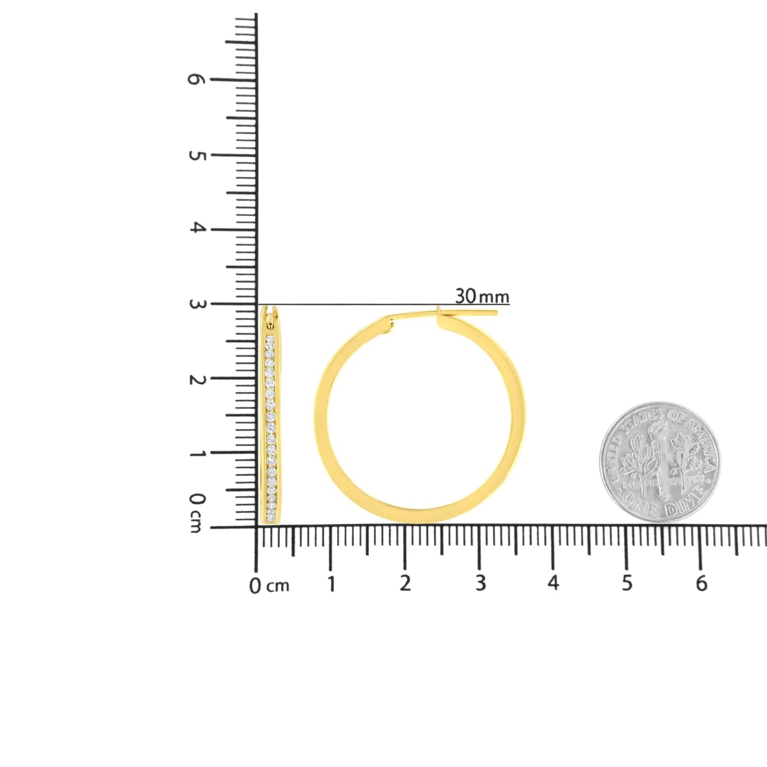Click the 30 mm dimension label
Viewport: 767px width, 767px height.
click(481, 296)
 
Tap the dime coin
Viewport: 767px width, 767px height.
click(660, 462)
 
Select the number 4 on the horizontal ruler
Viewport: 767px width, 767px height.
click(553, 583)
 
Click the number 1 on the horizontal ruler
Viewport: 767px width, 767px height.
click(331, 584)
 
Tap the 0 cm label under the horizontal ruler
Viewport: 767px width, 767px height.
click(269, 586)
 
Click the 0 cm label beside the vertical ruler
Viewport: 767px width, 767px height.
click(196, 512)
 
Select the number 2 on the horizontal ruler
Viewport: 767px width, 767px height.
click(406, 583)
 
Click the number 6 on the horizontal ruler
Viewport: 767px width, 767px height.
click(701, 583)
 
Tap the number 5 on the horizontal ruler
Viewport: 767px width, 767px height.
click(627, 583)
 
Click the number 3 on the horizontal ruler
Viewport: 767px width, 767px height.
click(480, 583)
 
